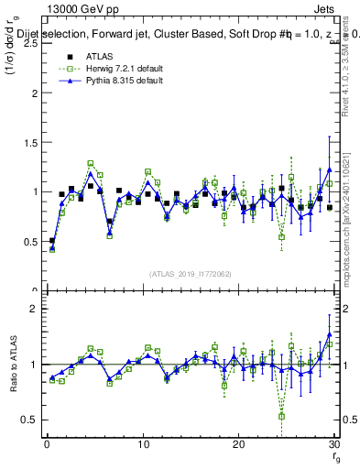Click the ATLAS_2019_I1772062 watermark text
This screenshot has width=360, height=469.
click(189, 273)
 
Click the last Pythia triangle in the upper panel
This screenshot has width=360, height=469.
click(330, 169)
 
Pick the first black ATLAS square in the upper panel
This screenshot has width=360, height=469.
click(52, 241)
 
